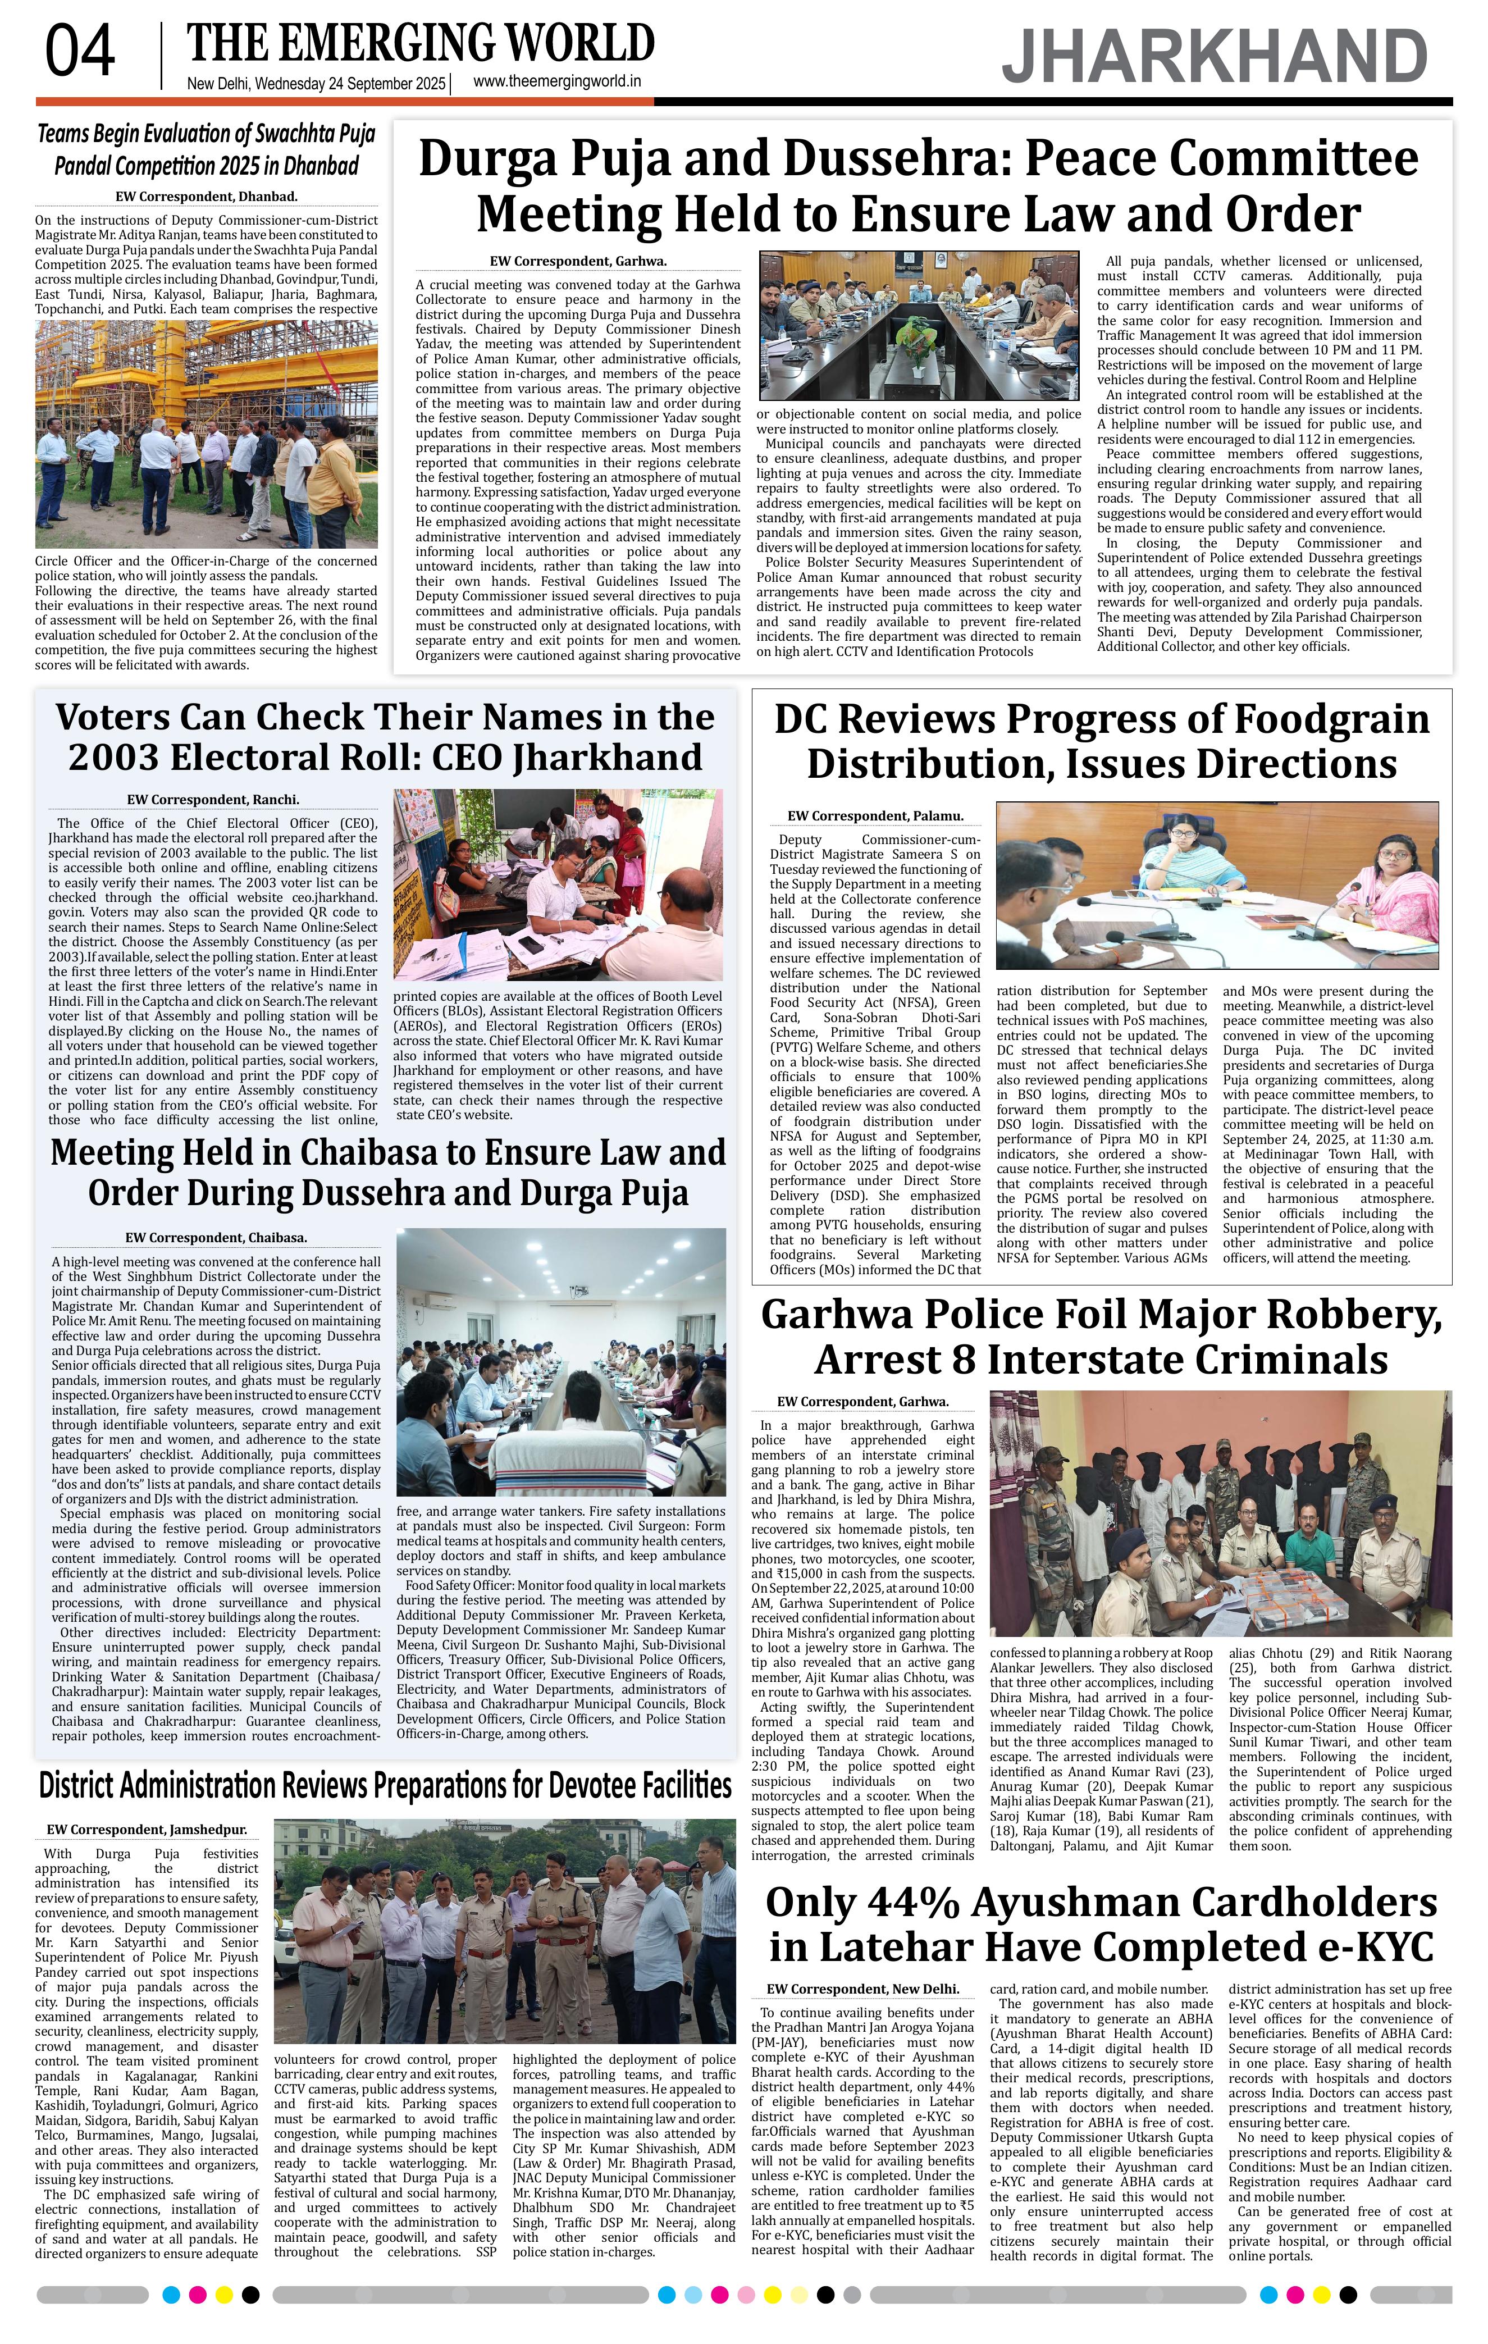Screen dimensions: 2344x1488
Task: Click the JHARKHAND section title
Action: tap(1215, 57)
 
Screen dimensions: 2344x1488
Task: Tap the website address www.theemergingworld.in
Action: tap(556, 82)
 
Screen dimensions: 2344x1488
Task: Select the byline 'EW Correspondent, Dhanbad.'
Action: tap(206, 197)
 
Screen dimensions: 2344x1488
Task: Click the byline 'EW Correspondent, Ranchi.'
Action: tap(213, 799)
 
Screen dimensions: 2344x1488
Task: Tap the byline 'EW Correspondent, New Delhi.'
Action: tap(862, 1989)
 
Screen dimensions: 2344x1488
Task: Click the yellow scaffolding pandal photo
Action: tap(206, 434)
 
